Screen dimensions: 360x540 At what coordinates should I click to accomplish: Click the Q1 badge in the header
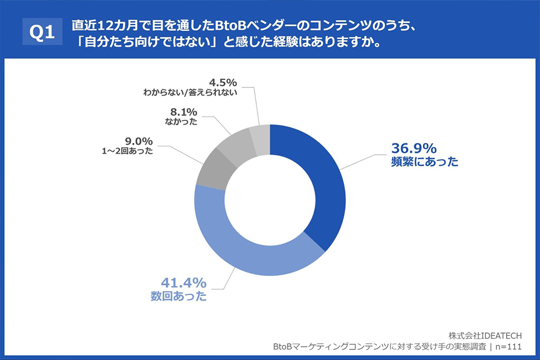(42, 33)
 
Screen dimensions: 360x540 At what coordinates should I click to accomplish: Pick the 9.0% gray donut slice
(211, 169)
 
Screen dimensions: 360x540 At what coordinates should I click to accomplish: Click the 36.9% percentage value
(414, 148)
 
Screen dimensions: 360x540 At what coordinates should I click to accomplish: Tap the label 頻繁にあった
(424, 161)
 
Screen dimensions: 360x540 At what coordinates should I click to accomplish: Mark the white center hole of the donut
(270, 200)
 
